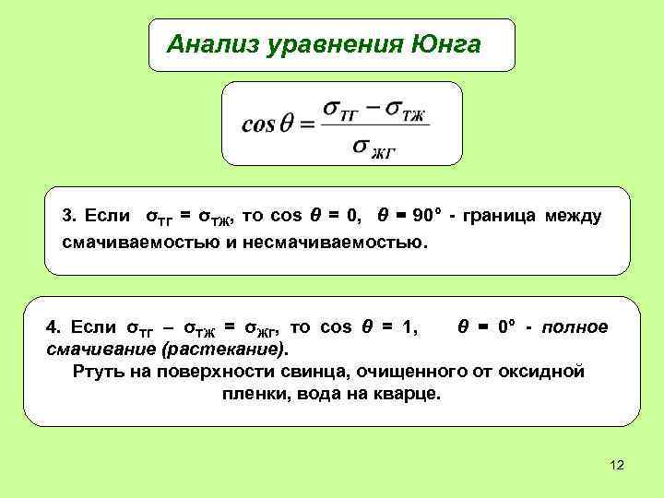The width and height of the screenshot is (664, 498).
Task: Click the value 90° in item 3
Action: [427, 217]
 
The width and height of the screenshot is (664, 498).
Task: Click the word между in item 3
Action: [573, 217]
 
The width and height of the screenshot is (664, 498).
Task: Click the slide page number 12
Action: [617, 465]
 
